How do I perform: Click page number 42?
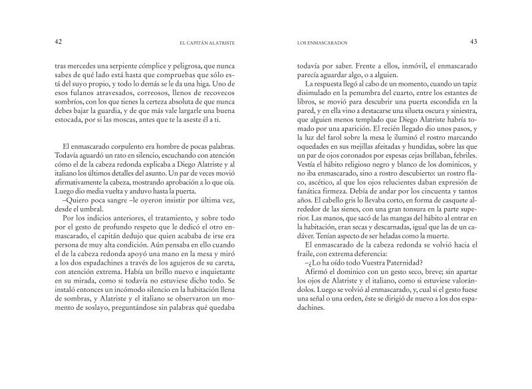58,41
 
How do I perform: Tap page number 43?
474,41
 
